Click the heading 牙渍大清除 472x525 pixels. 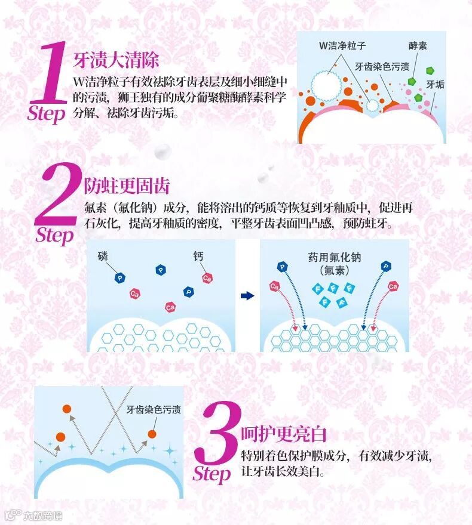(x=116, y=60)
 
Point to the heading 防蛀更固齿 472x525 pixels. (x=127, y=186)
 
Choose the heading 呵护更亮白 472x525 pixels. (x=284, y=434)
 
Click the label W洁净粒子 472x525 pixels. (x=342, y=45)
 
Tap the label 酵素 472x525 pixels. (x=418, y=45)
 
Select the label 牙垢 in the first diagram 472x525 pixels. (x=435, y=84)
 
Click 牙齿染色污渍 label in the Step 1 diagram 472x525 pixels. (x=382, y=67)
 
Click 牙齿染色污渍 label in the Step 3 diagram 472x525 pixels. (x=154, y=409)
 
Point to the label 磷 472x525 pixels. (x=103, y=256)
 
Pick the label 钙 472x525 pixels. (x=198, y=256)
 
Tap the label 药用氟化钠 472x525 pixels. (x=335, y=257)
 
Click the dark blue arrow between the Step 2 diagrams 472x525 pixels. (x=247, y=296)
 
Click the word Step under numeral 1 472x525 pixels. (x=46, y=114)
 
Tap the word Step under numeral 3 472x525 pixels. (x=212, y=474)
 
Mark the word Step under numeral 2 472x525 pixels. (x=54, y=236)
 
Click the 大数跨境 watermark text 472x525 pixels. (x=42, y=515)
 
